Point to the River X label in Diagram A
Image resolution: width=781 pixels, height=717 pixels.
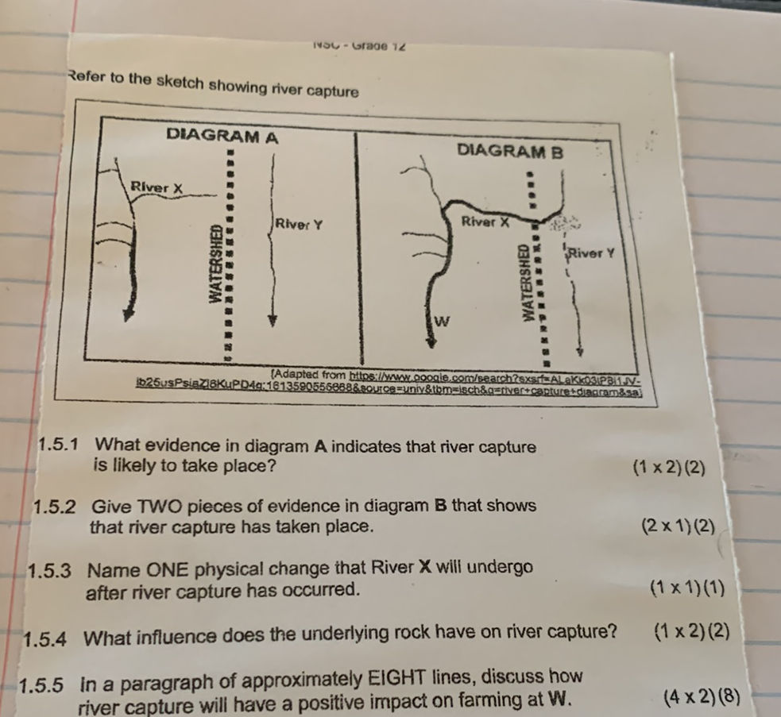(x=157, y=187)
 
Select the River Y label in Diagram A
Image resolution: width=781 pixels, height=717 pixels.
(x=299, y=224)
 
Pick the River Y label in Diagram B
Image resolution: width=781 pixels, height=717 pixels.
(x=592, y=253)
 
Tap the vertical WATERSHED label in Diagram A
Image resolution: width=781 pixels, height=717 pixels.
(x=215, y=262)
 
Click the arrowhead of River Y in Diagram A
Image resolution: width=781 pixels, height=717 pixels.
(x=273, y=321)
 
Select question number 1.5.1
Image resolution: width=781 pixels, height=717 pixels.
(x=65, y=445)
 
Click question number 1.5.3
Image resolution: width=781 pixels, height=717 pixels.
(x=54, y=571)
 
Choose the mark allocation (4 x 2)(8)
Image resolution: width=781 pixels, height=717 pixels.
(x=704, y=698)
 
